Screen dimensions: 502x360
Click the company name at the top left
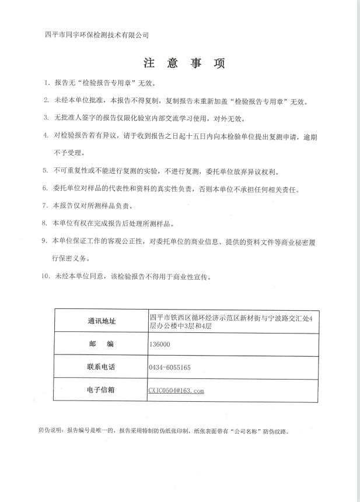coord(97,35)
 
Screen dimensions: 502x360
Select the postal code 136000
coord(160,345)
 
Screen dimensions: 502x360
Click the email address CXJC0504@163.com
coord(176,391)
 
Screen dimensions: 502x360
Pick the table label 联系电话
coord(101,368)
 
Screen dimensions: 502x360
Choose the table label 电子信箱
coord(101,391)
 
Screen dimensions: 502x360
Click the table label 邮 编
coord(101,345)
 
